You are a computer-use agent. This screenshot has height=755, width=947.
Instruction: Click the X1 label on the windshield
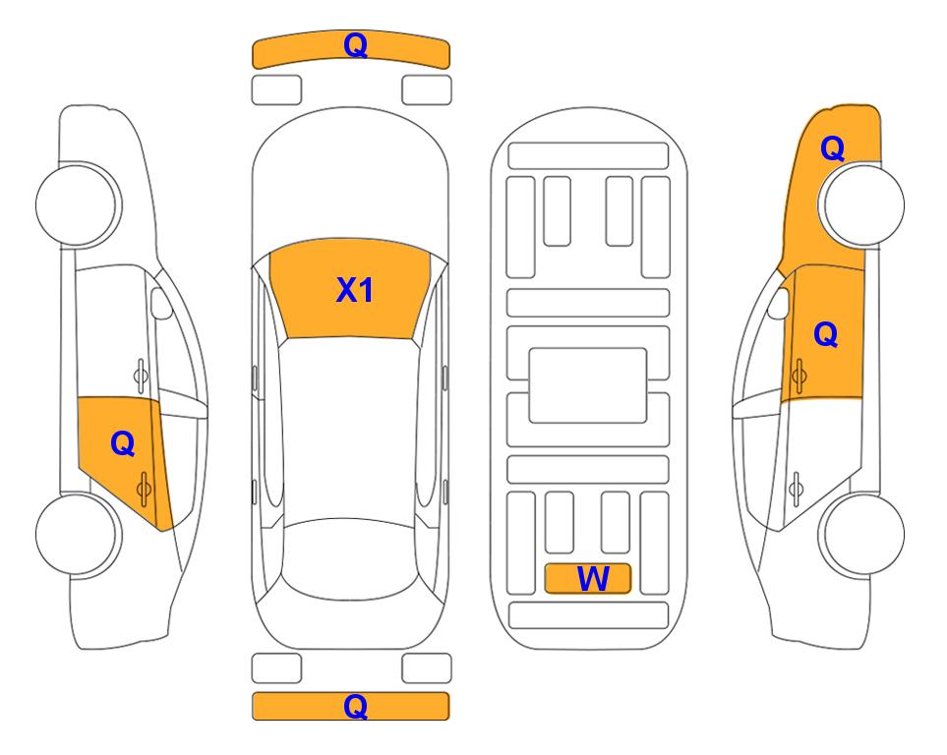355,290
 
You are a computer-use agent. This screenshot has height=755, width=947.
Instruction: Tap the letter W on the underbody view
593,579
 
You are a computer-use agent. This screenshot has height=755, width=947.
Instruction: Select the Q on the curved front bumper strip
356,45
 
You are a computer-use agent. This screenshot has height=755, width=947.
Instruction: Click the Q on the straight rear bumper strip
356,706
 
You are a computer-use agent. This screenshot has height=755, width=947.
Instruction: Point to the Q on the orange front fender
832,148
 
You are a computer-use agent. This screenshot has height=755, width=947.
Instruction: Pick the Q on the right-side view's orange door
826,334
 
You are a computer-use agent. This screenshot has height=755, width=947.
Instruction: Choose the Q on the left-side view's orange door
123,444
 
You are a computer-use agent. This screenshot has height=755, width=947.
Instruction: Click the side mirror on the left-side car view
160,303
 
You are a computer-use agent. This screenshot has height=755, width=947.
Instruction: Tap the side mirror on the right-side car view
779,303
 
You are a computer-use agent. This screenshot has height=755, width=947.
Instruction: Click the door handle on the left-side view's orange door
144,489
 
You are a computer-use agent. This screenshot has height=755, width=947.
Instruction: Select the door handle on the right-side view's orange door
799,376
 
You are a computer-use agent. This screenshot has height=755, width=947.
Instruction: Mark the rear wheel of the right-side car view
861,534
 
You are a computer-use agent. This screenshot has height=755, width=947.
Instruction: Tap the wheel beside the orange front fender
861,204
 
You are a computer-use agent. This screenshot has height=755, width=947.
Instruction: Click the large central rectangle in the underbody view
588,385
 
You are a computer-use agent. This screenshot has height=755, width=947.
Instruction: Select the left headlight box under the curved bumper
276,90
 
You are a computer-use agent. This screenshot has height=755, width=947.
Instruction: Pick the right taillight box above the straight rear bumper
427,668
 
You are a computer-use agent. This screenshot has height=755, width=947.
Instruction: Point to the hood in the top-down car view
350,181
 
